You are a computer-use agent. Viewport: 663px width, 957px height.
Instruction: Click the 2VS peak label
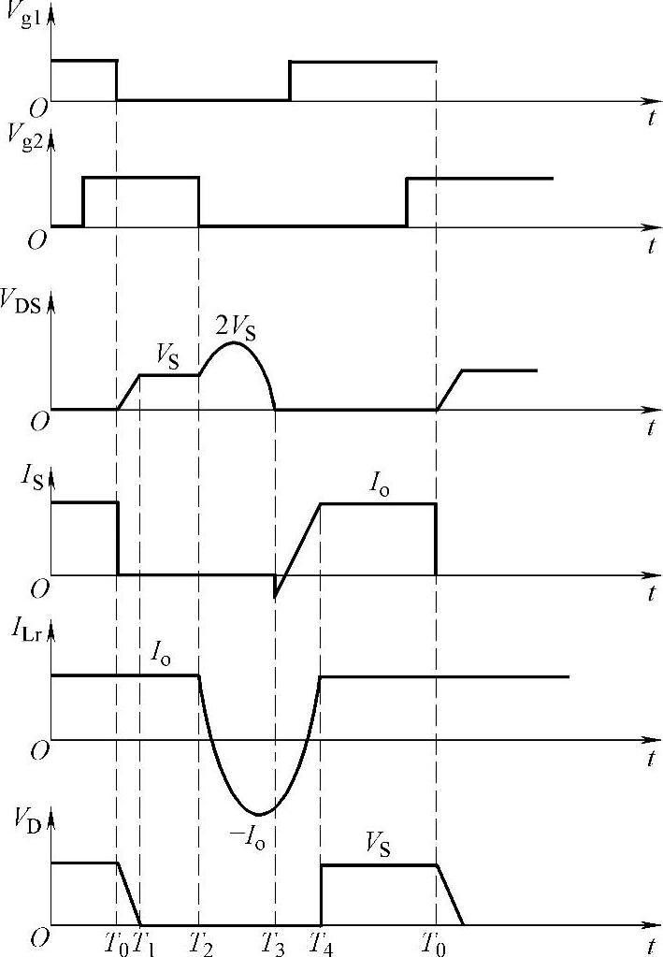tap(237, 326)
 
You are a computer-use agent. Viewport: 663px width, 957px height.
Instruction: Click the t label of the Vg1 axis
tap(649, 118)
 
